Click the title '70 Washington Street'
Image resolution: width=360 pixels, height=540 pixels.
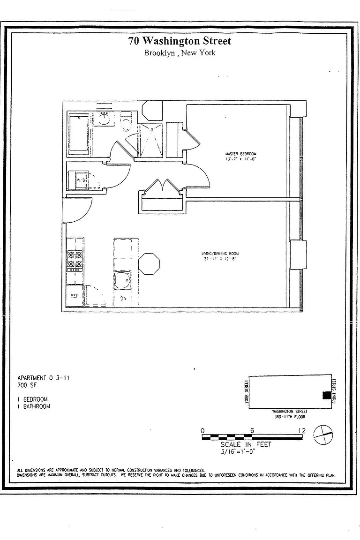(x=180, y=41)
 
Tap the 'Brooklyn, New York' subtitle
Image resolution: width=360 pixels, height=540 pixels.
(x=180, y=53)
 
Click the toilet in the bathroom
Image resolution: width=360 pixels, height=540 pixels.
(x=126, y=124)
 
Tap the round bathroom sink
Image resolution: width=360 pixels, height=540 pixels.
(x=104, y=119)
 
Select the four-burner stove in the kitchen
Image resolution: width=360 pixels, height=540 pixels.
(x=75, y=261)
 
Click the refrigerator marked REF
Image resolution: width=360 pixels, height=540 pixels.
(x=75, y=296)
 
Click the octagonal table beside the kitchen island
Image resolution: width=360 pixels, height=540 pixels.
(x=150, y=263)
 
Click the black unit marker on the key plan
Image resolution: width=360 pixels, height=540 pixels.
(x=326, y=395)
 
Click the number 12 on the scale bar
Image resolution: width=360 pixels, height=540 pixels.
(x=301, y=431)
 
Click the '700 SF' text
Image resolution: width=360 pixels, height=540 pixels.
(x=27, y=385)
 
